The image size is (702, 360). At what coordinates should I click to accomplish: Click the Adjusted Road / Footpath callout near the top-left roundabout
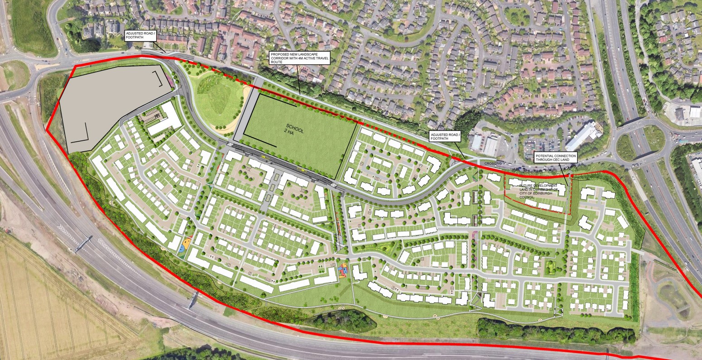[141, 36]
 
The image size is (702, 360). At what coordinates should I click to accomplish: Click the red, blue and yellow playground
[343, 271]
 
